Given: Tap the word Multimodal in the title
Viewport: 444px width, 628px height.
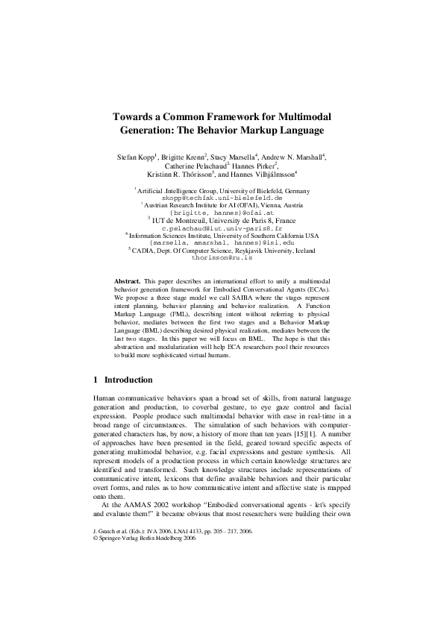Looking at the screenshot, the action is (x=304, y=117).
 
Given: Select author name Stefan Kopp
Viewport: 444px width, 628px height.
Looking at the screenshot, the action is (x=134, y=158).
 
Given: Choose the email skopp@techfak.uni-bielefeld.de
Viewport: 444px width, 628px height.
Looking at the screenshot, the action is (x=222, y=198).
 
